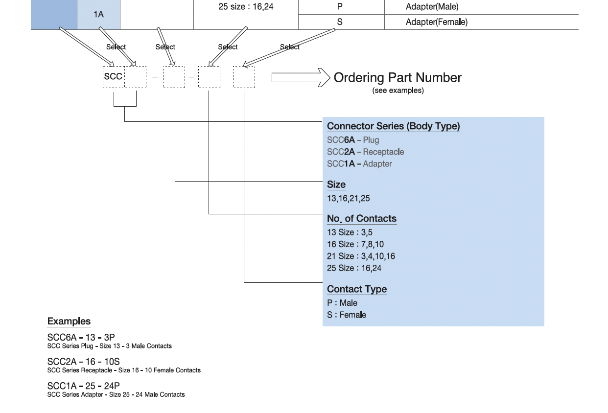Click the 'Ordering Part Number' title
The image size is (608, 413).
(x=397, y=78)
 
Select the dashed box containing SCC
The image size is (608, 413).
(x=114, y=77)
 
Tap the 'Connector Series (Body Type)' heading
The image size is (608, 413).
(x=393, y=126)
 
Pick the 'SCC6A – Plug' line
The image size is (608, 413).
(x=353, y=140)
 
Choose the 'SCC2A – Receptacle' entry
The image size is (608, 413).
(x=365, y=152)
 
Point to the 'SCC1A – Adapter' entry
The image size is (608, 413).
(x=359, y=164)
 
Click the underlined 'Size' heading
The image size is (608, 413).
(x=336, y=184)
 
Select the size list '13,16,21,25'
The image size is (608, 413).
(x=349, y=199)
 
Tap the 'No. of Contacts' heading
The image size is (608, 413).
(x=361, y=219)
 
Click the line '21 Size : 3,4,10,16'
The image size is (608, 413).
(x=361, y=256)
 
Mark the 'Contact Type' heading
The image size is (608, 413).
(x=357, y=289)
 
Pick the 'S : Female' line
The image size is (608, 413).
(x=347, y=315)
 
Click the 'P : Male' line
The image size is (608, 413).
(x=342, y=303)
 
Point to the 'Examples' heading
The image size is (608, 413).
(x=69, y=321)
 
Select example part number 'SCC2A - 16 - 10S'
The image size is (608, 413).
(x=83, y=362)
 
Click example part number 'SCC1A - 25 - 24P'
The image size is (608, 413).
(x=83, y=386)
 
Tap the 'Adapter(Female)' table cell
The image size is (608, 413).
(x=436, y=22)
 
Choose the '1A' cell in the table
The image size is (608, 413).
(x=98, y=15)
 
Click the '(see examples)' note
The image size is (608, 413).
(x=398, y=91)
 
